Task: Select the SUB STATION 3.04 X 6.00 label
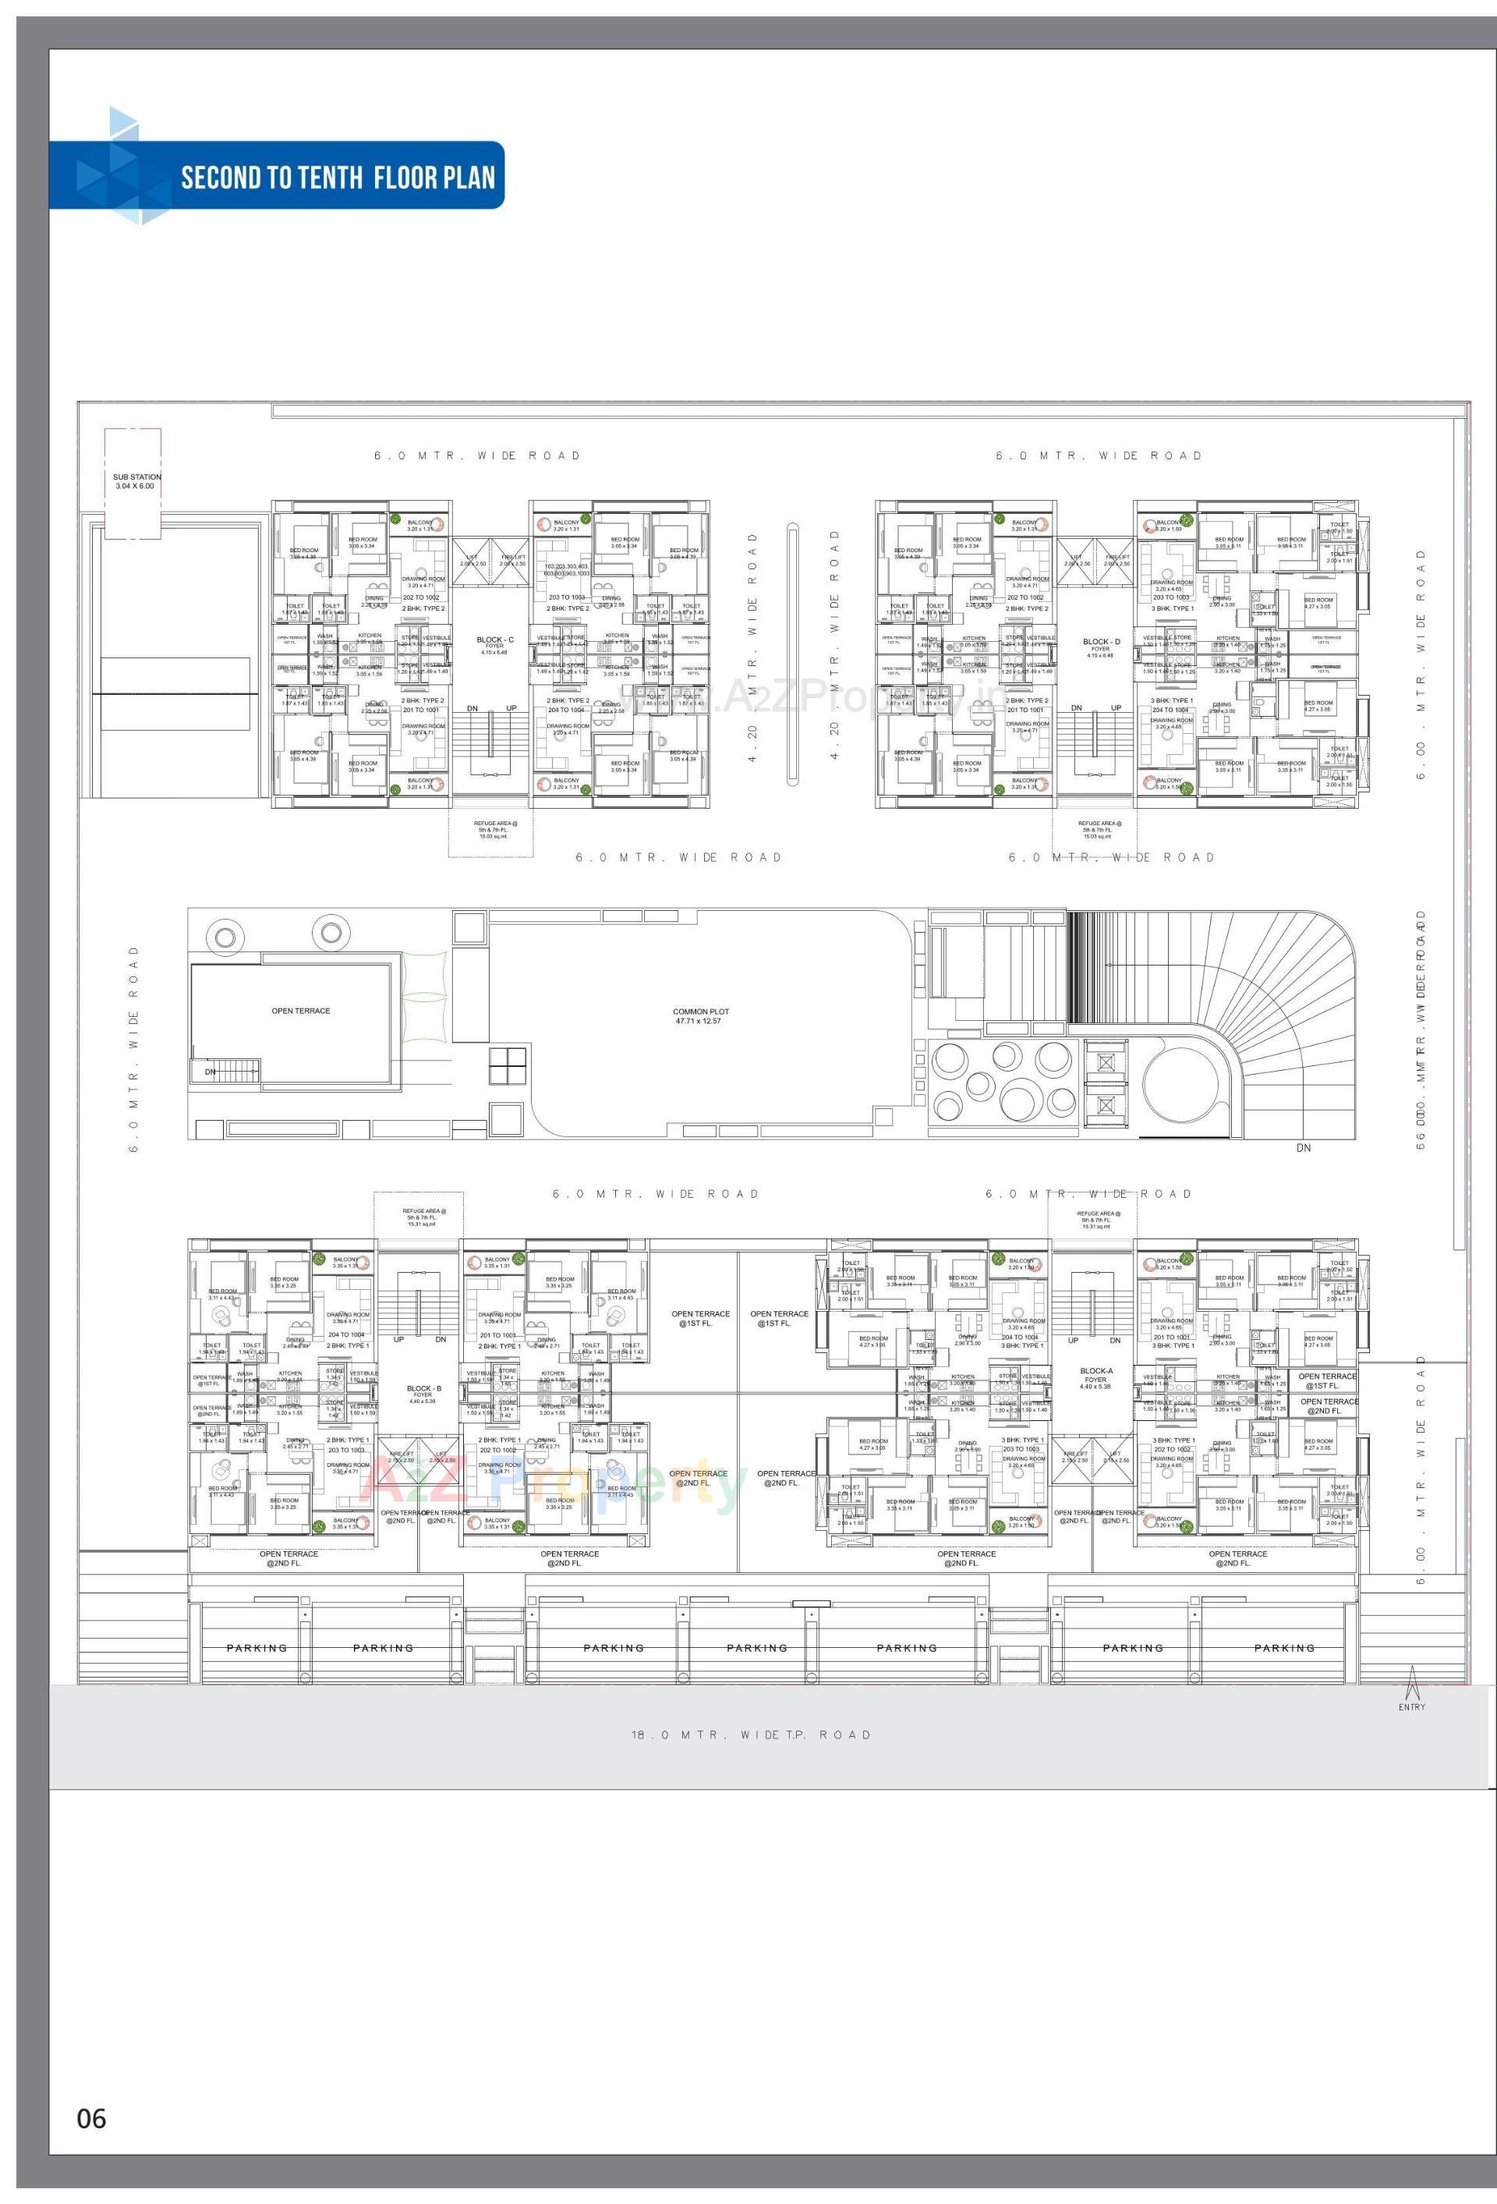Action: (136, 481)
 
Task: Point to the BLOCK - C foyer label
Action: (494, 644)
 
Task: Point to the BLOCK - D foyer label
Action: (1100, 646)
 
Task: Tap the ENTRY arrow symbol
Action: (1410, 1683)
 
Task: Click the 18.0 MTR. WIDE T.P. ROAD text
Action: (750, 1734)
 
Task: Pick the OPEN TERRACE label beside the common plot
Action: (300, 1010)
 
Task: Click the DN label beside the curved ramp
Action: (1303, 1146)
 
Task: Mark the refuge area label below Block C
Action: (491, 829)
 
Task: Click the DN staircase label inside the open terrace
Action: (211, 1072)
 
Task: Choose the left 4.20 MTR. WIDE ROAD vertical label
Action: (752, 648)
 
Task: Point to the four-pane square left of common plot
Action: (508, 1065)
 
